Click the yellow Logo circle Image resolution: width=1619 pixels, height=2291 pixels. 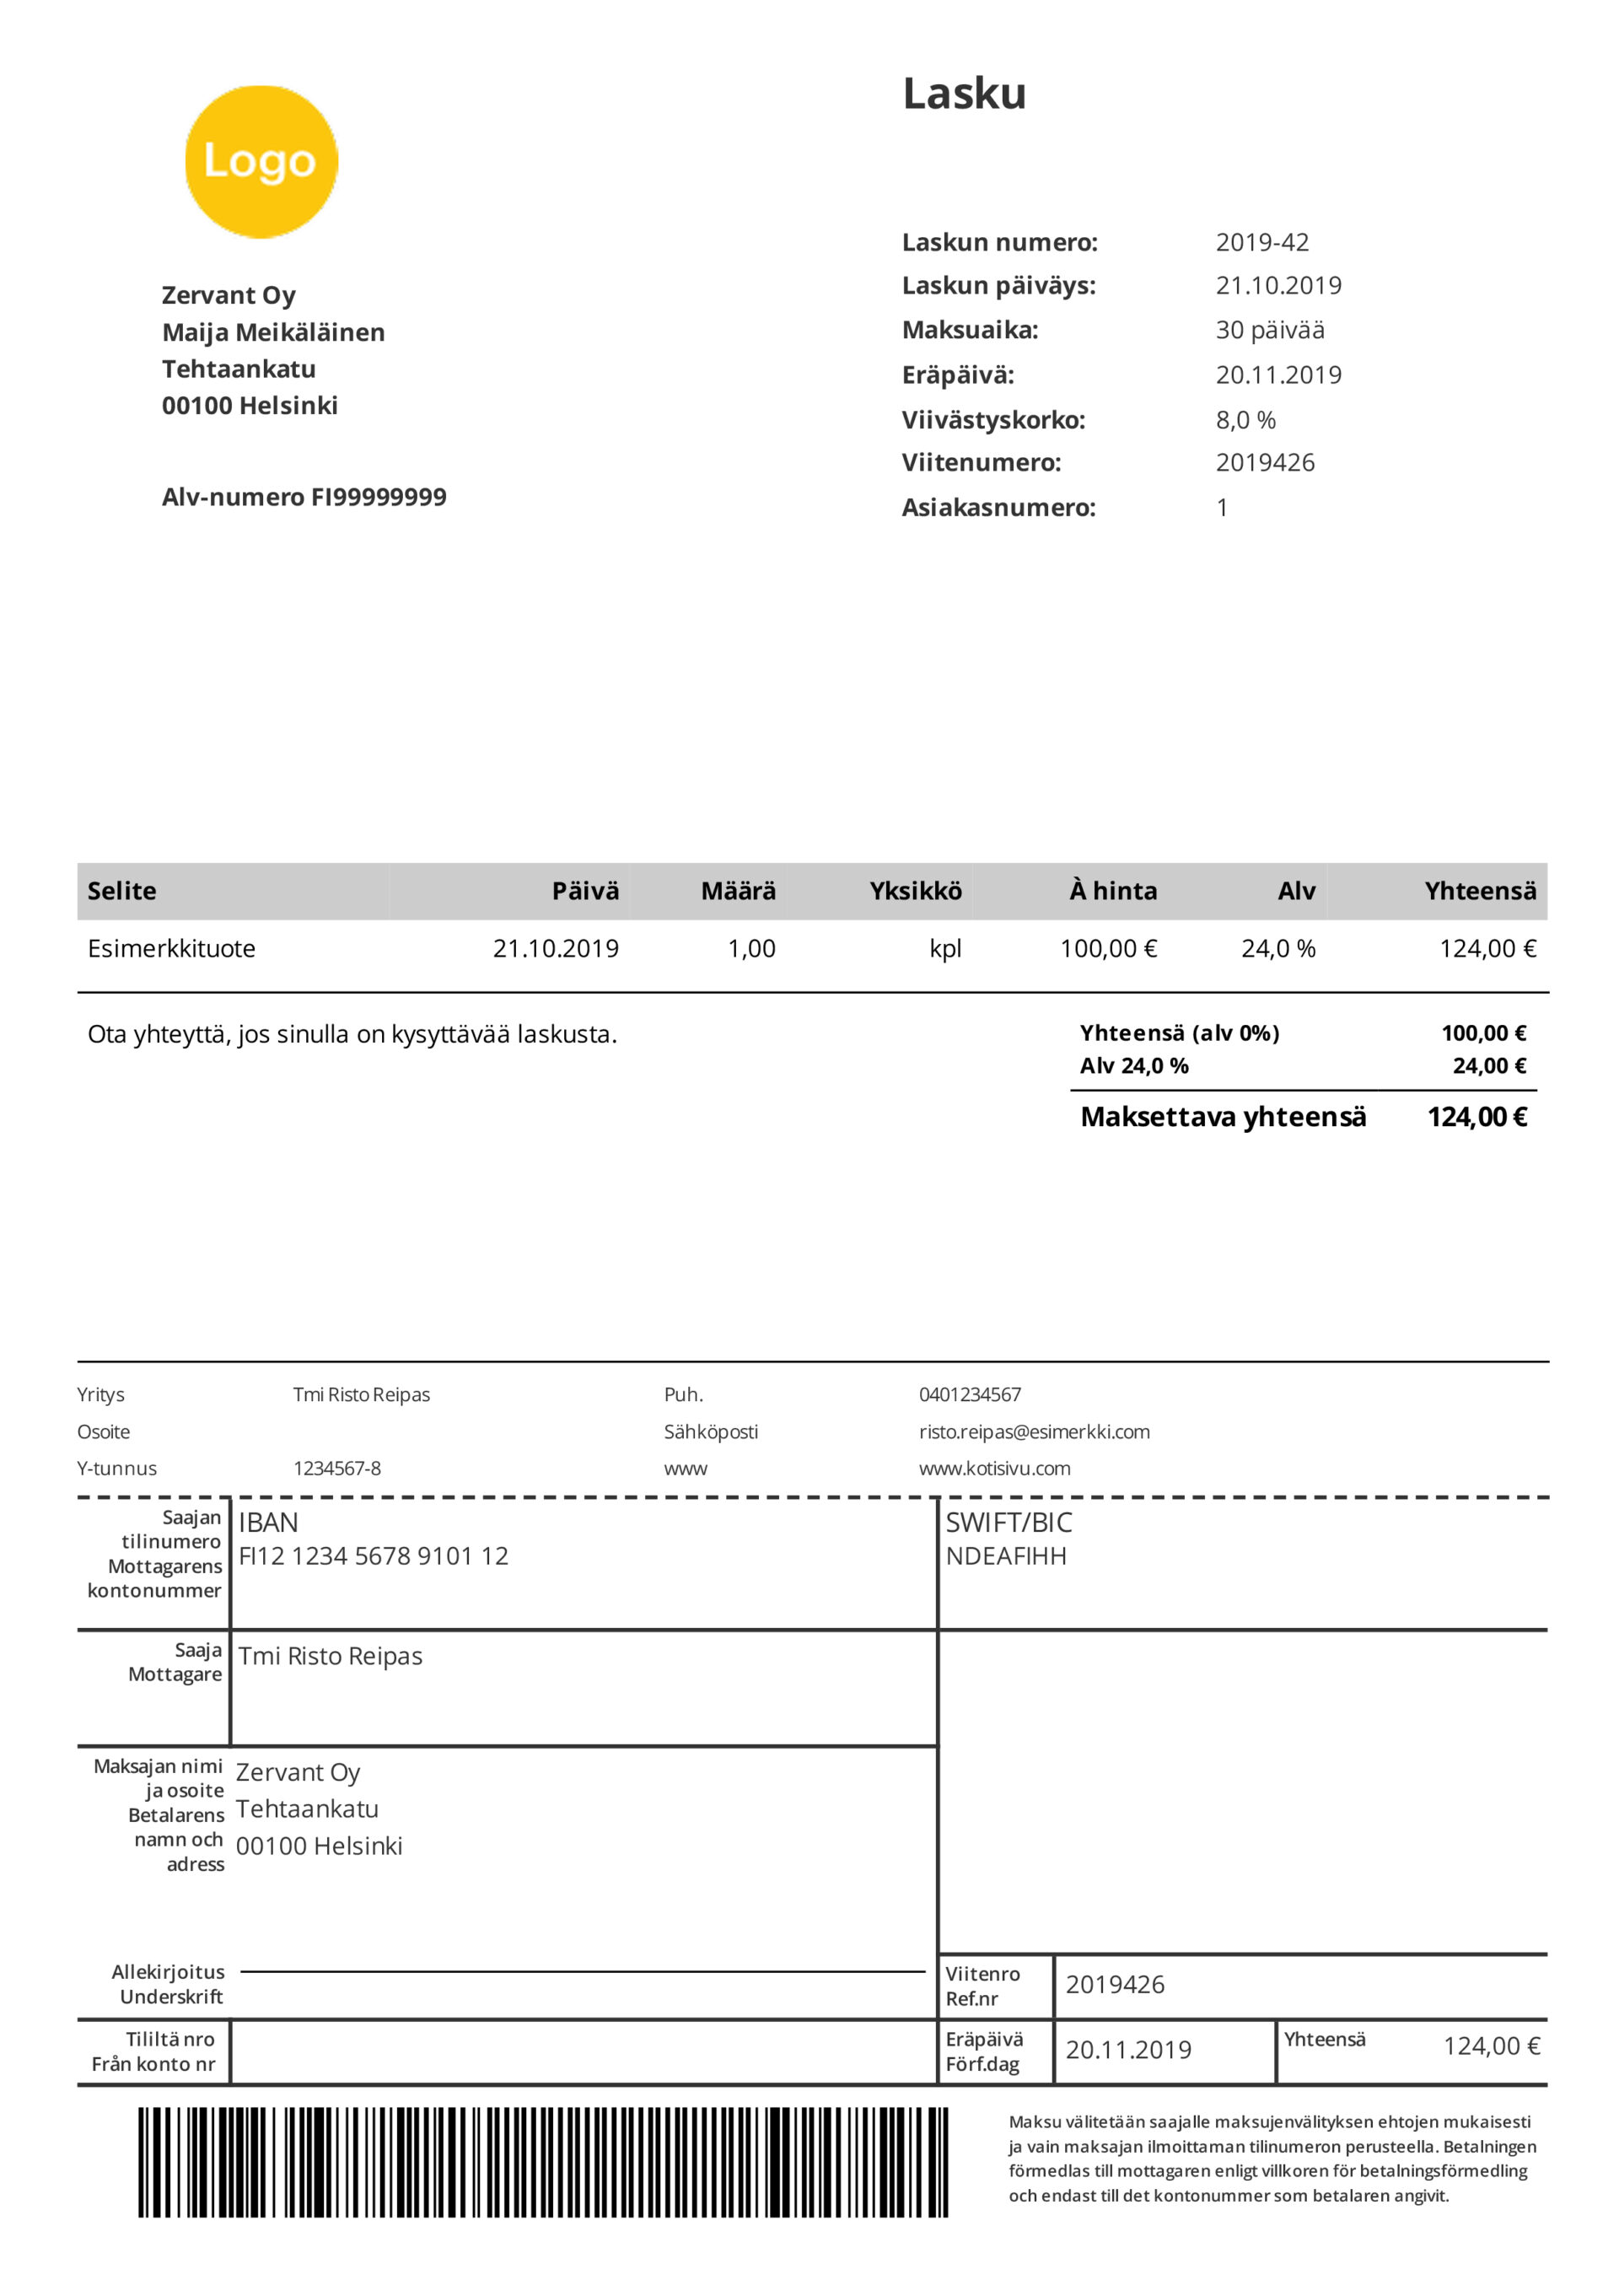coord(261,162)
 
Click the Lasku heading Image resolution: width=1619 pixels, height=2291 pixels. coord(964,94)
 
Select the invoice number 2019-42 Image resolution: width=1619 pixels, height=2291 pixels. coord(1261,242)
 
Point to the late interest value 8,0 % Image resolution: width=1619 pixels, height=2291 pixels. coord(1245,420)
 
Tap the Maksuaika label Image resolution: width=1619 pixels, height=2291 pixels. coord(970,331)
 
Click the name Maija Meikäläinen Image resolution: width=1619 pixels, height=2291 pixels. coord(273,332)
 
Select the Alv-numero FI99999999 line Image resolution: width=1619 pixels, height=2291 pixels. coord(304,497)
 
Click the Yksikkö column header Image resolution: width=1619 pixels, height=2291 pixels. coord(915,891)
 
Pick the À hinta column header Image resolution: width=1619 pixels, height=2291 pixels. coord(1112,891)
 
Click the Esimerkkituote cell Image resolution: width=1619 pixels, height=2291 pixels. coord(171,949)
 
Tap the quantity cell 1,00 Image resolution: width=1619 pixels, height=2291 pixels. coord(751,949)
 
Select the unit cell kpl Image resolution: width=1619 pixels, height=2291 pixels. coord(944,949)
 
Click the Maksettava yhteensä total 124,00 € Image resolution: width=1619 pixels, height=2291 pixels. coord(1476,1118)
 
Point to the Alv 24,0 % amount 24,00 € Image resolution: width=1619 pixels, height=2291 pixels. coord(1488,1065)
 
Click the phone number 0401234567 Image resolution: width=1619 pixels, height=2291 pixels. coord(970,1394)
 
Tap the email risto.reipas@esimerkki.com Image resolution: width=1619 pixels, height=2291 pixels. coord(1034,1432)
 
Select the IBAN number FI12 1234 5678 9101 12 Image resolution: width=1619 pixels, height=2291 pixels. coord(373,1555)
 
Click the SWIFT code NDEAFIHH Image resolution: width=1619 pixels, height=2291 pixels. coord(1005,1555)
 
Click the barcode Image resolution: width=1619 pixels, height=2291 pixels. coord(543,2162)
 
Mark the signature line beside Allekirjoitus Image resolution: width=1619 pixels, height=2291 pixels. coord(583,1970)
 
